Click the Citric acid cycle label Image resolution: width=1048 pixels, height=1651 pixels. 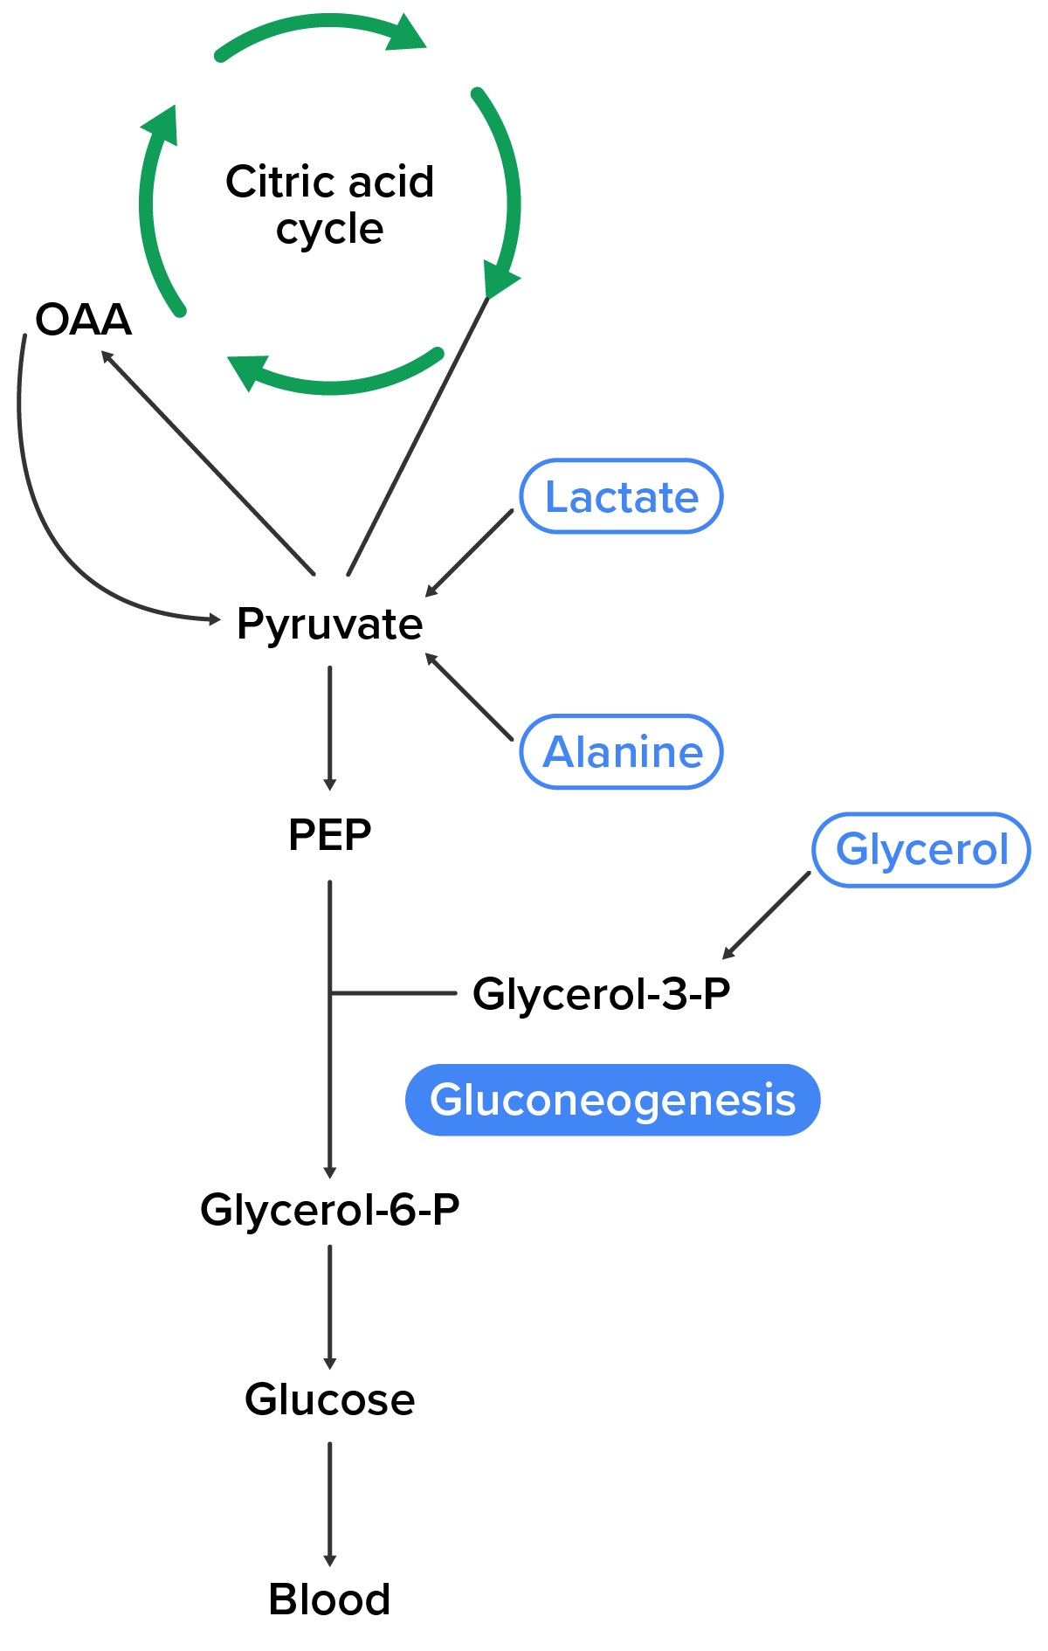coord(329,205)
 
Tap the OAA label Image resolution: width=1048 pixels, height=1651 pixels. coord(83,320)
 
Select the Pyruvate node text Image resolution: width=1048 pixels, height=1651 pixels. coord(329,625)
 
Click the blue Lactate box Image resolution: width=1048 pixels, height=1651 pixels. coord(621,496)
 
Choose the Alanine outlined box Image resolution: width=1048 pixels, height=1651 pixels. coord(621,752)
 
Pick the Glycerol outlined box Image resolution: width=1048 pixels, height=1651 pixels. coord(920,850)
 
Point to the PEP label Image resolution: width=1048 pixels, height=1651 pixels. coord(329,835)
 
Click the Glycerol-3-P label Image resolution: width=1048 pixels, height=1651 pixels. coord(601,994)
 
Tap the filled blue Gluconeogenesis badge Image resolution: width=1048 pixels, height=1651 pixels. coord(612,1100)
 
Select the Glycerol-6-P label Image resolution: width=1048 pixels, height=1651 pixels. coord(329,1210)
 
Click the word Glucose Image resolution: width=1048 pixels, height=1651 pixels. coord(329,1399)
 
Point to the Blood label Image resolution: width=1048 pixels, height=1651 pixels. coord(329,1599)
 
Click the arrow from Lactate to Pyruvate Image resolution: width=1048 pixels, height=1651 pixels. coord(469,554)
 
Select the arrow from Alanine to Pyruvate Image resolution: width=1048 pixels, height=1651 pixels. coord(469,697)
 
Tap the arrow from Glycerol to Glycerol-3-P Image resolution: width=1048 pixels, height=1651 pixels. coord(766,915)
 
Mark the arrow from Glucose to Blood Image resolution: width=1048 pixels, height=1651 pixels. coord(329,1502)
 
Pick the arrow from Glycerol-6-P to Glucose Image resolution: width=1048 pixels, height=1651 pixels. coord(329,1306)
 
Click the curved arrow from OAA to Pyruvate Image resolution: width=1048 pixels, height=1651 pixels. coord(52,524)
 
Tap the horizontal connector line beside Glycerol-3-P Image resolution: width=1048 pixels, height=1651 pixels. coord(393,993)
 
